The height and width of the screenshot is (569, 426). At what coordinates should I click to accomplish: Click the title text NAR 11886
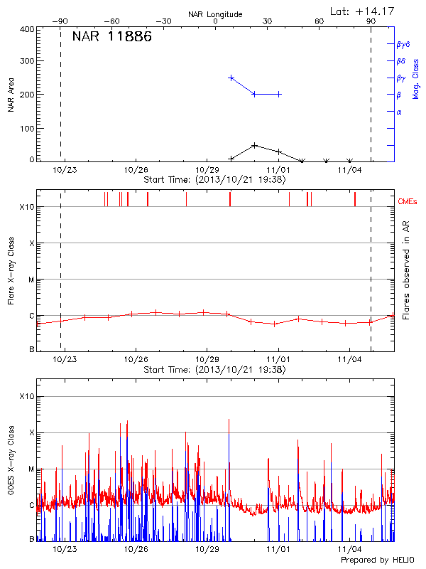(111, 38)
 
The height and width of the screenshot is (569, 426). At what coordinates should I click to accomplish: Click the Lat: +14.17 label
(363, 11)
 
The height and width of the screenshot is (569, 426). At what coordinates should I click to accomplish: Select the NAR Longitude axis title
(215, 14)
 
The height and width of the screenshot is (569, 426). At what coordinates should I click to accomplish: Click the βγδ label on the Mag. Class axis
(403, 44)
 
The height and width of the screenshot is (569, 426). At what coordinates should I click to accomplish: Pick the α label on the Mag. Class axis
(399, 112)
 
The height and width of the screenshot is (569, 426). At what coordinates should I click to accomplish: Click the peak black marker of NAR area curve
(255, 145)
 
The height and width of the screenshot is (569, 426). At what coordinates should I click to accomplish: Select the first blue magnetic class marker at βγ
(231, 78)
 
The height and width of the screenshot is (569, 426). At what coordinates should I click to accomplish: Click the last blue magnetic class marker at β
(279, 94)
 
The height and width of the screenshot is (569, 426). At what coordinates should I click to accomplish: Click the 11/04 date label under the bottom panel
(349, 549)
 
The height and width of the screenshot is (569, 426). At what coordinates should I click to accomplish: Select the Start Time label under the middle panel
(214, 370)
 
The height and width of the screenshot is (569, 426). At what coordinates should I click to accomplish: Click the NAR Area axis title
(11, 95)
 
